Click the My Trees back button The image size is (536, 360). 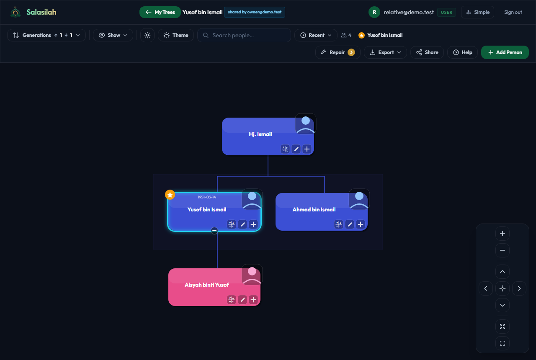[160, 12]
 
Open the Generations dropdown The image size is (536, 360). [46, 35]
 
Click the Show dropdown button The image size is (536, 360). [113, 35]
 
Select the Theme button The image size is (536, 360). [176, 35]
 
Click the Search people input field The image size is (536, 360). [244, 35]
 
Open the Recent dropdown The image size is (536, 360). [316, 35]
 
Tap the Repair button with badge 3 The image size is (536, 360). [338, 52]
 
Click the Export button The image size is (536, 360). [385, 52]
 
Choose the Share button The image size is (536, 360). [427, 52]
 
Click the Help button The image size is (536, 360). [463, 52]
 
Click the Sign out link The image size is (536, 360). [513, 12]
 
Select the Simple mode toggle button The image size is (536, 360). [478, 12]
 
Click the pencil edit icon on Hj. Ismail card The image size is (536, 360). [296, 149]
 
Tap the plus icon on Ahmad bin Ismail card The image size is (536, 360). [361, 224]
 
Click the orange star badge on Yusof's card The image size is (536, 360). [170, 195]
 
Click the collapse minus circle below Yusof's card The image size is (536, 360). [214, 231]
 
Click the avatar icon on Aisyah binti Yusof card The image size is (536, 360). [252, 275]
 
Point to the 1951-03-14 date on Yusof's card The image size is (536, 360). [207, 197]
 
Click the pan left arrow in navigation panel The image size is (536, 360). [486, 288]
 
